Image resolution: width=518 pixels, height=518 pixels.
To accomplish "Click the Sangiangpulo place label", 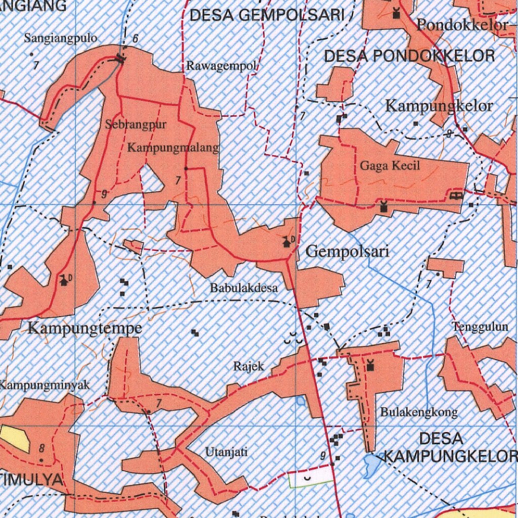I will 61,38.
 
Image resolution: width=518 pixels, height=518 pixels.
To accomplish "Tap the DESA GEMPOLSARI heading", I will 267,15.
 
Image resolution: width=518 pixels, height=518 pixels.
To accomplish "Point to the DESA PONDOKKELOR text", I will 409,56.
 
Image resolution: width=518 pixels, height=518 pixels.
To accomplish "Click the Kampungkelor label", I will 439,106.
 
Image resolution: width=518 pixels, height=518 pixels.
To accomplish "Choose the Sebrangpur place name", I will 136,125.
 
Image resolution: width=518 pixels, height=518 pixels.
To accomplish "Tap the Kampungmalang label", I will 173,148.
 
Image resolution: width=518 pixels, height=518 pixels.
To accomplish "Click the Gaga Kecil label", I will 390,165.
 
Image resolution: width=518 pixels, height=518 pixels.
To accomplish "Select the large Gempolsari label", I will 348,251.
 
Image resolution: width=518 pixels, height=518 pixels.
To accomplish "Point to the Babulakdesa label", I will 244,288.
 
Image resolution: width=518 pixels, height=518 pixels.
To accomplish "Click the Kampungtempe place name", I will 84,329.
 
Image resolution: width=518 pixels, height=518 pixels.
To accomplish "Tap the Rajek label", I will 248,365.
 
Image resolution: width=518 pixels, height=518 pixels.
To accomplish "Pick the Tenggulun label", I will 480,327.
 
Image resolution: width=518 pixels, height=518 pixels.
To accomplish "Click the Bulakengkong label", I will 419,412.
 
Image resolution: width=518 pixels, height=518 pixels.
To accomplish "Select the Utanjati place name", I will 226,452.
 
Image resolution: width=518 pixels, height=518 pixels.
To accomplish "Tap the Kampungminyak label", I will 45,385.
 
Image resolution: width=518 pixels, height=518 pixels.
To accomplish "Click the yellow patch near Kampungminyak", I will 15,438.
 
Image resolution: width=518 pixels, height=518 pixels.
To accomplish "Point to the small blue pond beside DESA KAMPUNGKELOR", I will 373,464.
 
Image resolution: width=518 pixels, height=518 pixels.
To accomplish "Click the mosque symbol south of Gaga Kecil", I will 383,206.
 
